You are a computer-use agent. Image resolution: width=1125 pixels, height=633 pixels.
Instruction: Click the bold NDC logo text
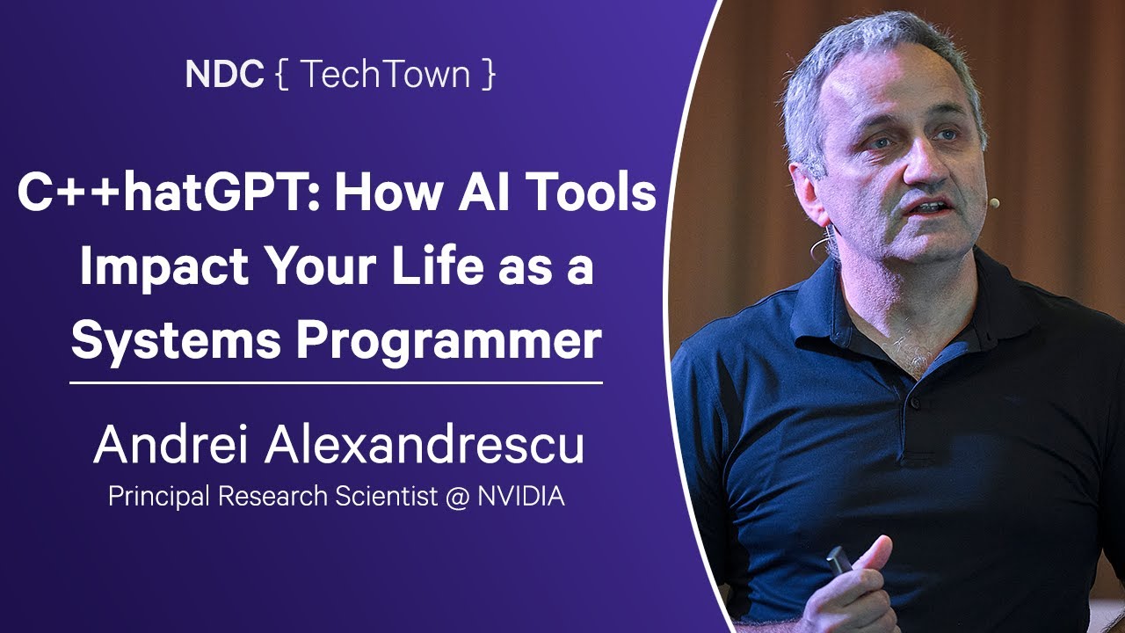pyautogui.click(x=224, y=74)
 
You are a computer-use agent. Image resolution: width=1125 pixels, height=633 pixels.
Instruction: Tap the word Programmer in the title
pyautogui.click(x=449, y=341)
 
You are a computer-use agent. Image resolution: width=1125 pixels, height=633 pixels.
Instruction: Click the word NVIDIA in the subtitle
pyautogui.click(x=521, y=497)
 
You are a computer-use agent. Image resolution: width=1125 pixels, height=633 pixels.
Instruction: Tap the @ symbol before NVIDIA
pyautogui.click(x=457, y=498)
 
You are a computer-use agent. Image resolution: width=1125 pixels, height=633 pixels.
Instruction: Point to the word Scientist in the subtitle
pyautogui.click(x=386, y=497)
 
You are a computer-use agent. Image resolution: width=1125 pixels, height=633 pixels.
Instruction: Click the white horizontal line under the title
pyautogui.click(x=336, y=382)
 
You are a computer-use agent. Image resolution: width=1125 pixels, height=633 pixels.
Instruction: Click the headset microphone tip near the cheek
pyautogui.click(x=993, y=203)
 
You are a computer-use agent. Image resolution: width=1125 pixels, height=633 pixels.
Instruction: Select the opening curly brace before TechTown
pyautogui.click(x=282, y=75)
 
